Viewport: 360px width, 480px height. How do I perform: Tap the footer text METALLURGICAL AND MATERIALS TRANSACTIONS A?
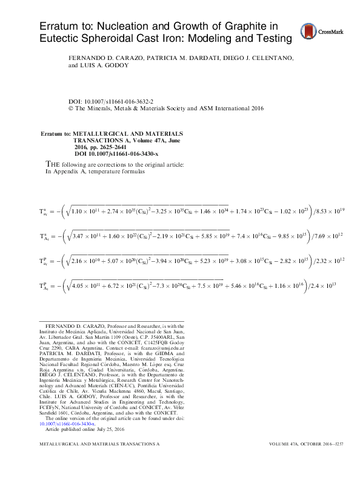99,461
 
